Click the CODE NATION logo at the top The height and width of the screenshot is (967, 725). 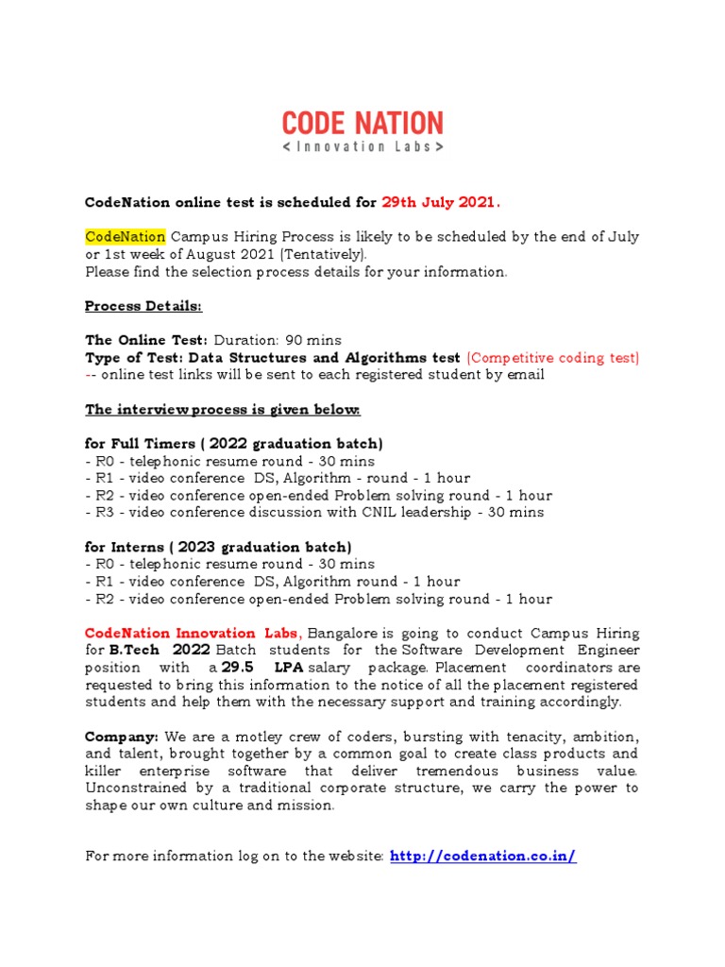click(x=362, y=123)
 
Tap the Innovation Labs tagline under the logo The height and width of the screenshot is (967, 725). click(x=362, y=147)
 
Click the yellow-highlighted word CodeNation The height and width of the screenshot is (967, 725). click(x=126, y=236)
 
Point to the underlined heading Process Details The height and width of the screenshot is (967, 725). click(x=143, y=306)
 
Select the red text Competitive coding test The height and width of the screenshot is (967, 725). click(x=553, y=358)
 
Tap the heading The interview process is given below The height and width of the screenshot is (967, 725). click(x=223, y=410)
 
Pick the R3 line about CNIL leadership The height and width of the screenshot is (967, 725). click(x=314, y=513)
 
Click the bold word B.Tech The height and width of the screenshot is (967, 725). click(x=129, y=651)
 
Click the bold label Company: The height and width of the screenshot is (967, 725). click(x=122, y=737)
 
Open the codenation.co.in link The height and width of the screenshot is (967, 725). click(x=482, y=857)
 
